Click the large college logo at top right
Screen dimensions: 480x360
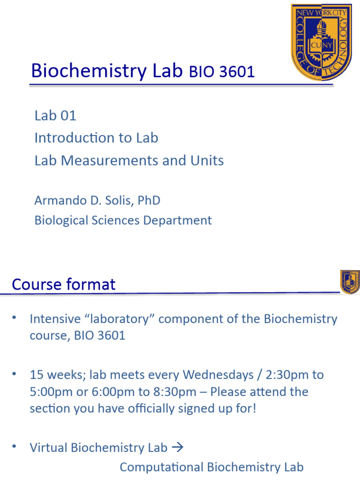pyautogui.click(x=321, y=42)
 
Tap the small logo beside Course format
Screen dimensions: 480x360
pyautogui.click(x=350, y=282)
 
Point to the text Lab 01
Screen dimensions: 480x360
pyautogui.click(x=55, y=115)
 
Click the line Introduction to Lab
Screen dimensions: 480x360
pyautogui.click(x=96, y=138)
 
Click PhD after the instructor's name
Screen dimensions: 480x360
pyautogui.click(x=149, y=201)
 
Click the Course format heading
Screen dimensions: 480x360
pyautogui.click(x=64, y=285)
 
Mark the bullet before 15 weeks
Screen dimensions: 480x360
pyautogui.click(x=15, y=374)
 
